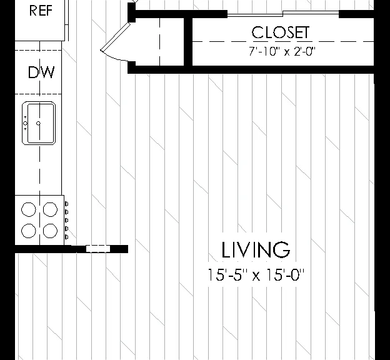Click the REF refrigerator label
click(41, 11)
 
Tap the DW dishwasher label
click(41, 72)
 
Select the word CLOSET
click(281, 32)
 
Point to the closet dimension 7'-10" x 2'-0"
click(282, 51)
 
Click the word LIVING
click(256, 249)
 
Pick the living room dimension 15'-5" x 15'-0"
click(256, 274)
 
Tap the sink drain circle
click(39, 123)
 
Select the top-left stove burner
click(29, 209)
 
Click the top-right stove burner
click(50, 209)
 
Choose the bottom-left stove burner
click(29, 231)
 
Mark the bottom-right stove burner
click(50, 231)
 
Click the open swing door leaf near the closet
click(116, 36)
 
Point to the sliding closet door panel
click(283, 14)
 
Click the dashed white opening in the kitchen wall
click(98, 249)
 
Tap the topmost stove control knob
click(66, 204)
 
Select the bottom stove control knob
click(66, 237)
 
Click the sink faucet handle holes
click(26, 123)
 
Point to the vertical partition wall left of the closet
click(188, 41)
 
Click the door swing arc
click(113, 57)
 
